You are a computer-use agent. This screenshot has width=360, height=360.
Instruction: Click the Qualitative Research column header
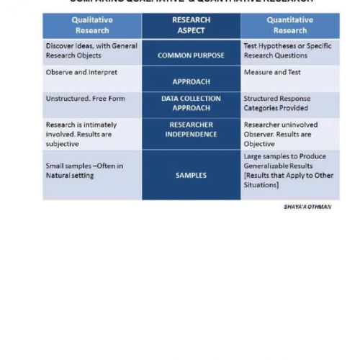click(92, 25)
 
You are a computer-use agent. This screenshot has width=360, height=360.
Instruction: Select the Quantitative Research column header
click(289, 25)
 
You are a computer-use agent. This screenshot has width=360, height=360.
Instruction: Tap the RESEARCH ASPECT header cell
click(191, 25)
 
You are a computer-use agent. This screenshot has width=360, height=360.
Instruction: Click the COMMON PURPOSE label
click(191, 55)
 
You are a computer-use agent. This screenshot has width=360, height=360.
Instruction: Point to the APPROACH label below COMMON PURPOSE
click(191, 81)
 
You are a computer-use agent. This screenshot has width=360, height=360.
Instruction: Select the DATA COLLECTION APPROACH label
click(191, 103)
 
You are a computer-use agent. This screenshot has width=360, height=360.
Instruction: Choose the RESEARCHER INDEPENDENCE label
click(191, 129)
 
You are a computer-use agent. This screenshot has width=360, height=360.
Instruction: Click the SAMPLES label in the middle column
click(191, 175)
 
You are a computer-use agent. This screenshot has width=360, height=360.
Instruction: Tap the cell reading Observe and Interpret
click(81, 73)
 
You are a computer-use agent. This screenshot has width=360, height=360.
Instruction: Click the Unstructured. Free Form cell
click(85, 99)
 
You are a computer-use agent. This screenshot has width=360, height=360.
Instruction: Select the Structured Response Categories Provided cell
click(277, 103)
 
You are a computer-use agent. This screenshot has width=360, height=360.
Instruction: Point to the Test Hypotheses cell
click(287, 50)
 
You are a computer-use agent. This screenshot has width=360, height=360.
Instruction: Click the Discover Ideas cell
click(91, 50)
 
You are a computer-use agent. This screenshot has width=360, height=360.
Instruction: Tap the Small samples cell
click(84, 171)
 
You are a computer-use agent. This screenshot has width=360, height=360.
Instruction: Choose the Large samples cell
click(288, 171)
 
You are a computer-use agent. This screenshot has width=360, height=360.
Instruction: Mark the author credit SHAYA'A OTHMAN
click(307, 207)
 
